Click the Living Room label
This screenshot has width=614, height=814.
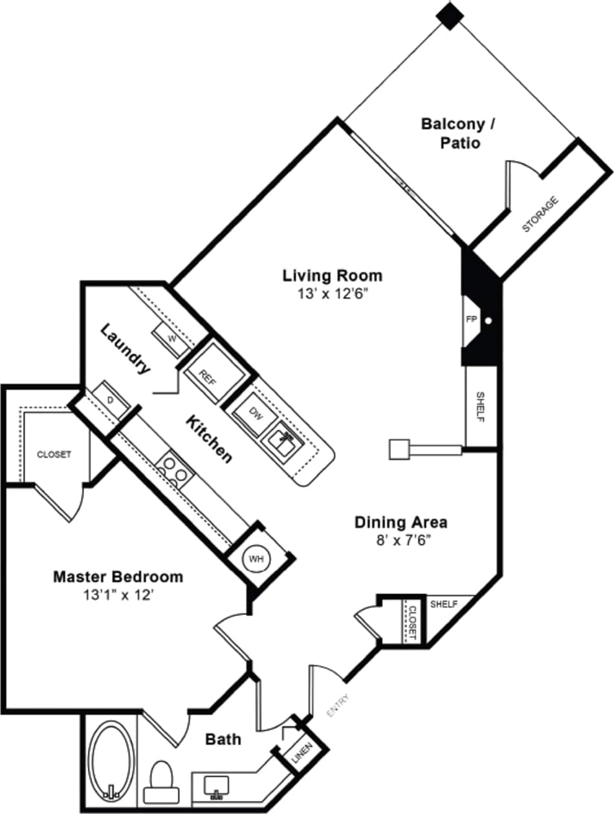[x=332, y=275]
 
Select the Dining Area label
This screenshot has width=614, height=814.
[x=401, y=522]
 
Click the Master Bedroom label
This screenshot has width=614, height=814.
[x=118, y=575]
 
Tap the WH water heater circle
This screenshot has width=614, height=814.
[x=256, y=559]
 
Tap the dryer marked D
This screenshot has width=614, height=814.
[x=111, y=400]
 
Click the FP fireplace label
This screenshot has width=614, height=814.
[x=470, y=320]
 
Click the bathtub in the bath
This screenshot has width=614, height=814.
[x=112, y=760]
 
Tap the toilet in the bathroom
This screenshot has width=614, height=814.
[x=161, y=782]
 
